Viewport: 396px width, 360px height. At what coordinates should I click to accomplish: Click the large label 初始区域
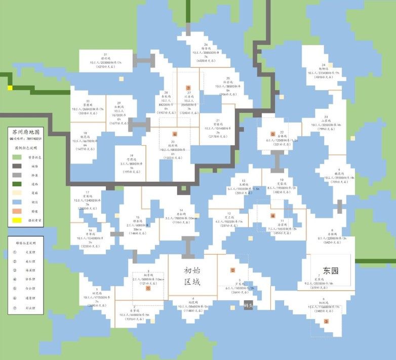[192, 276]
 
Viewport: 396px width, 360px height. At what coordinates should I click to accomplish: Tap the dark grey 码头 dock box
[248, 306]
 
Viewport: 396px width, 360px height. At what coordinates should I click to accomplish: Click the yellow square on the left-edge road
[10, 88]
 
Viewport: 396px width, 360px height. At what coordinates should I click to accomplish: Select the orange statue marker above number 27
[188, 88]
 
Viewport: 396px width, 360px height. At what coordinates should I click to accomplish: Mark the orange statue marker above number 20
[175, 134]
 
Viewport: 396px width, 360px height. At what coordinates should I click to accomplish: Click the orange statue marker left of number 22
[272, 134]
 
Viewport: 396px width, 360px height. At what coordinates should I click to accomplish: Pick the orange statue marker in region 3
[148, 289]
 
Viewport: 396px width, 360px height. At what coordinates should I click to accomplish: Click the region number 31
[105, 54]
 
